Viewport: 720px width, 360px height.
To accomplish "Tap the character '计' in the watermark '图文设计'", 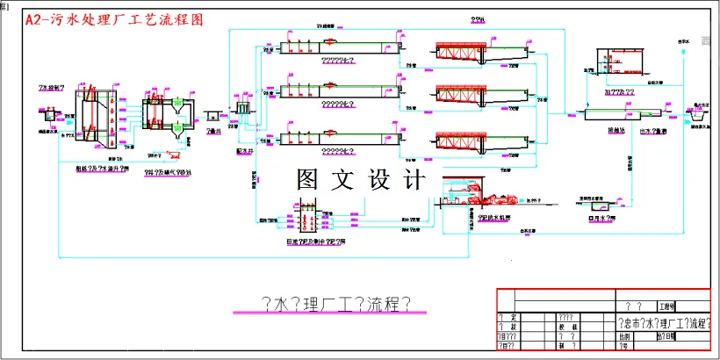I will pyautogui.click(x=413, y=180).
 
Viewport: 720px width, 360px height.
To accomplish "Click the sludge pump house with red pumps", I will pyautogui.click(x=306, y=220).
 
